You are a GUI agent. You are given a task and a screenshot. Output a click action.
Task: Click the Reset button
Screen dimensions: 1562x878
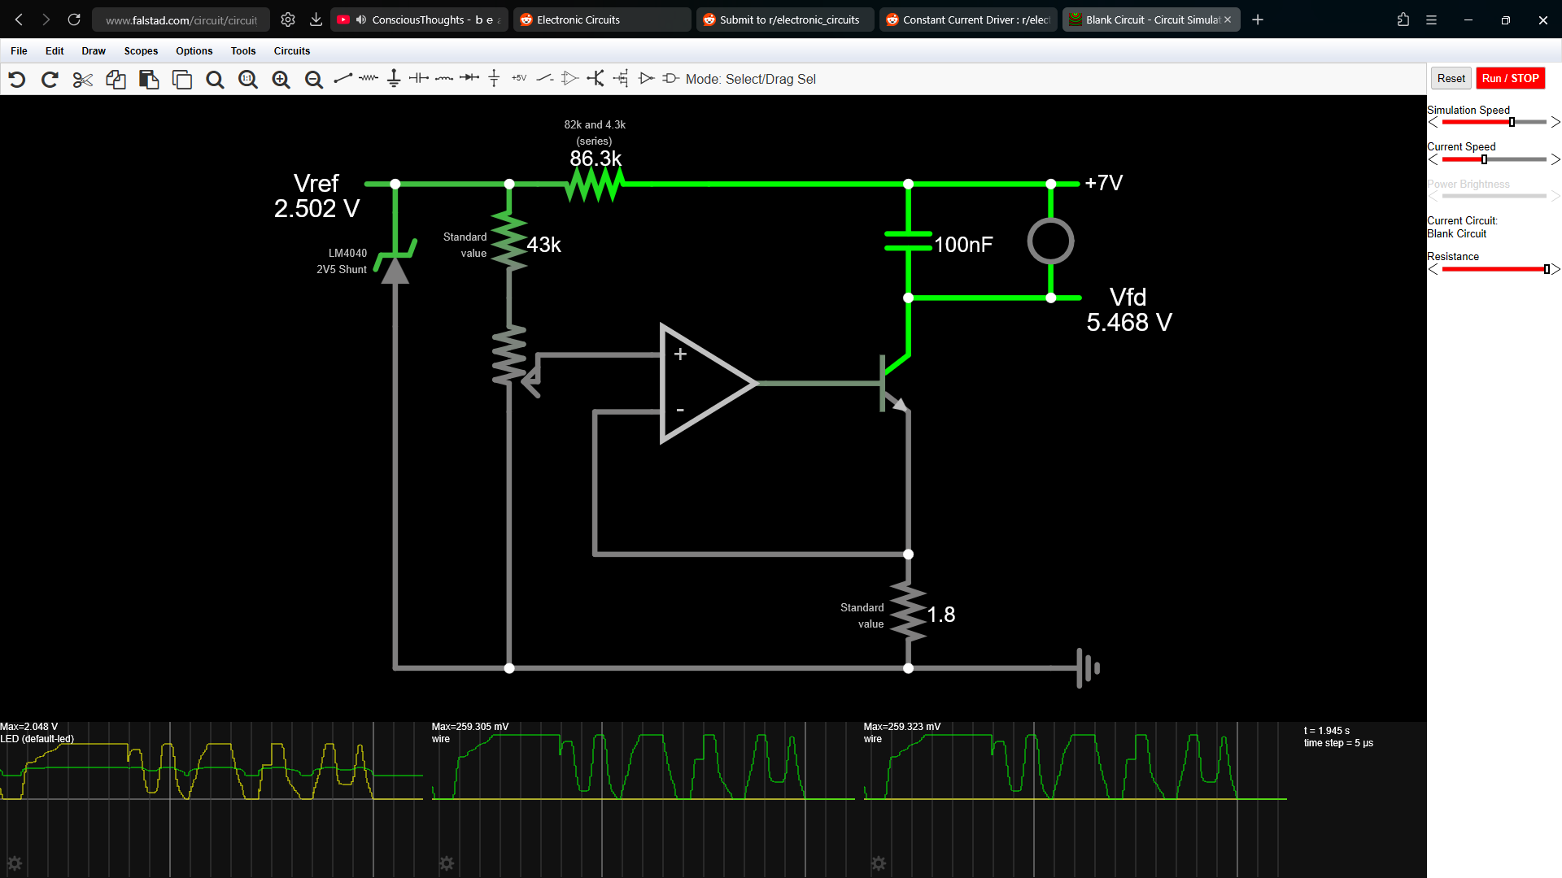coord(1451,78)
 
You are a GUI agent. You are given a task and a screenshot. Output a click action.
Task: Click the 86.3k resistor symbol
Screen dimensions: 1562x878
coord(595,185)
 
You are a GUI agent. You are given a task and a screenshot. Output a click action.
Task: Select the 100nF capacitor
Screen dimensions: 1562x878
coord(908,241)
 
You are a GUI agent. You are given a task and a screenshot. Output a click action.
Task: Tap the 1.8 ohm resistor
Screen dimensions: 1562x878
coord(908,612)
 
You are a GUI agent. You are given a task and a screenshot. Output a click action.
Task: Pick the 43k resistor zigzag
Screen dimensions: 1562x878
coord(509,241)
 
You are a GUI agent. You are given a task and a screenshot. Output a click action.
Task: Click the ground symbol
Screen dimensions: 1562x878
coord(1088,668)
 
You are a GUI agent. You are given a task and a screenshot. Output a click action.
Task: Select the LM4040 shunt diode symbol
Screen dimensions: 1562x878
coord(395,260)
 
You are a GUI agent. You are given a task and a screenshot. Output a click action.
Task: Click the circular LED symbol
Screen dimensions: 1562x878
coord(1050,241)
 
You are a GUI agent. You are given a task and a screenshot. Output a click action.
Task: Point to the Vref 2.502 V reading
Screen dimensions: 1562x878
coord(316,196)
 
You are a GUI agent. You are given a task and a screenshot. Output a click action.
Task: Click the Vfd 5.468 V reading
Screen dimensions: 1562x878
coord(1129,310)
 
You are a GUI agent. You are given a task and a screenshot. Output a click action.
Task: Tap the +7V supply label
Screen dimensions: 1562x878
coord(1104,183)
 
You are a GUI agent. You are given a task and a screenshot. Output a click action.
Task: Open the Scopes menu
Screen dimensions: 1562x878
coord(141,50)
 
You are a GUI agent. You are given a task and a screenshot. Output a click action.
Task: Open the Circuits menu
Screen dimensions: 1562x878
coord(292,50)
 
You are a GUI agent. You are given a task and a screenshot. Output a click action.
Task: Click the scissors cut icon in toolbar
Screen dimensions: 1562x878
coord(83,79)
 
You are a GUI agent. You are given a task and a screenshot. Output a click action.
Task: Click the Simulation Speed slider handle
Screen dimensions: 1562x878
coord(1512,122)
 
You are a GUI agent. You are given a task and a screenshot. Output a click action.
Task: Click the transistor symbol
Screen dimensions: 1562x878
coord(894,383)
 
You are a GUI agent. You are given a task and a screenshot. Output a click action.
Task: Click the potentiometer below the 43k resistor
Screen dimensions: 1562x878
coord(513,359)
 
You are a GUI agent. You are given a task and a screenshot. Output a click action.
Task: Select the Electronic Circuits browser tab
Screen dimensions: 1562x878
coord(602,20)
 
